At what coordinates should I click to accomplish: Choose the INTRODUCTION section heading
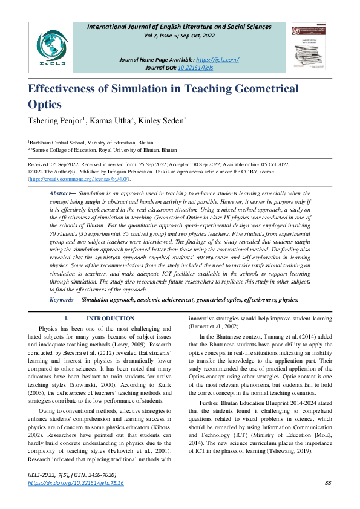pyautogui.click(x=111, y=319)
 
